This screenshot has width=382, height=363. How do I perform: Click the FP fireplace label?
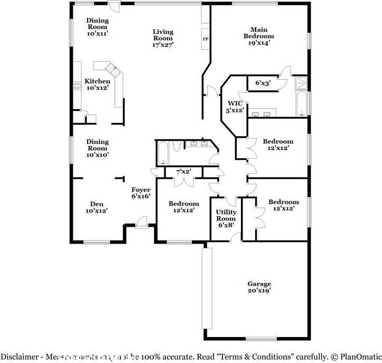205,39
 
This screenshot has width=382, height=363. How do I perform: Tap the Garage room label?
259,284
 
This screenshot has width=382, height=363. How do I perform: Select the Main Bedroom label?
259,33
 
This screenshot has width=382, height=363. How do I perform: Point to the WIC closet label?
235,103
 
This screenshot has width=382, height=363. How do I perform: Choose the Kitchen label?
98,81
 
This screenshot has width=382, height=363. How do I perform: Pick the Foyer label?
141,190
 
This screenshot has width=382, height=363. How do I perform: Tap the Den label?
96,204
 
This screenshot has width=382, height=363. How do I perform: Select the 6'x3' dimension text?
263,83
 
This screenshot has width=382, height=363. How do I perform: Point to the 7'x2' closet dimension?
183,171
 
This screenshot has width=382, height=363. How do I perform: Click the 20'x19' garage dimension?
259,290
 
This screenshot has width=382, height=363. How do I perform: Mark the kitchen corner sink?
111,67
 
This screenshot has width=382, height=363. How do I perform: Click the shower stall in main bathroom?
301,82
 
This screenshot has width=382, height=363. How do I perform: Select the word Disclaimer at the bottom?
21,357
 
